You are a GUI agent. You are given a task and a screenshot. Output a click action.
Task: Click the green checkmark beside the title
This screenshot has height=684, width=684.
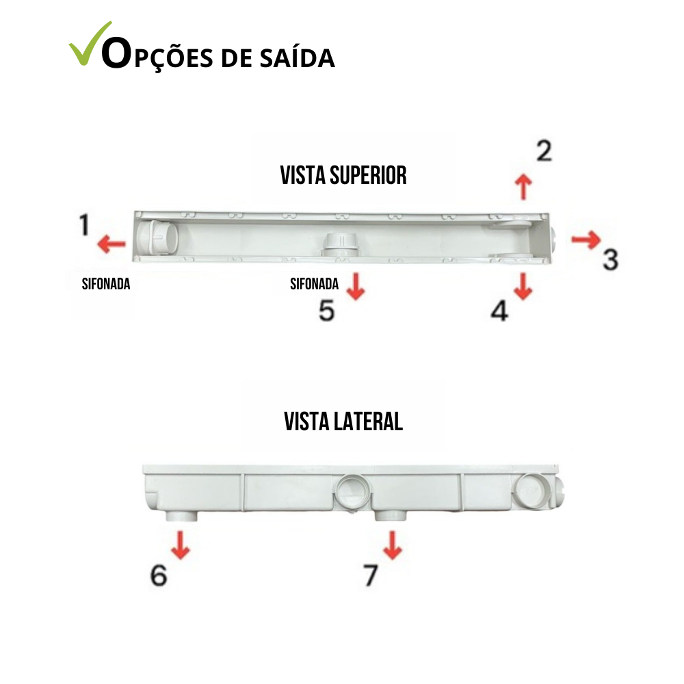click(x=90, y=46)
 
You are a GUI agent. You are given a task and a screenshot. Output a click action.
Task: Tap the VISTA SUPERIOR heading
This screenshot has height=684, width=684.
click(x=343, y=175)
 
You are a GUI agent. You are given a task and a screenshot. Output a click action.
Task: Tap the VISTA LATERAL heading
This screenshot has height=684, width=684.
click(x=343, y=421)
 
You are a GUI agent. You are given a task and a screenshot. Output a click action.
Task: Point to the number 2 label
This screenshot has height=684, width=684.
click(x=544, y=151)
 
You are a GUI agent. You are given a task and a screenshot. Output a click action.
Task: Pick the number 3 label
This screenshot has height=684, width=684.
click(x=610, y=259)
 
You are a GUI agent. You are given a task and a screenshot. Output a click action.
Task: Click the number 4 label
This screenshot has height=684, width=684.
click(x=500, y=311)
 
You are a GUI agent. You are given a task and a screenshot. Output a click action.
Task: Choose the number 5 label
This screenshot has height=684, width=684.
click(x=327, y=311)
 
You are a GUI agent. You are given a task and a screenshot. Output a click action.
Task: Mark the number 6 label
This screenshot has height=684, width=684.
click(x=159, y=575)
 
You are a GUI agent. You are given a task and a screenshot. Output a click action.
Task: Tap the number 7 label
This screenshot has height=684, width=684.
click(x=371, y=575)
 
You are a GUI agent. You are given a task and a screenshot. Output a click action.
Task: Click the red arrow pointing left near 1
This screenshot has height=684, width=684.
click(x=111, y=244)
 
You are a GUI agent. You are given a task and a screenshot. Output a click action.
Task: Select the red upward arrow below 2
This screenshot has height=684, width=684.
click(x=523, y=187)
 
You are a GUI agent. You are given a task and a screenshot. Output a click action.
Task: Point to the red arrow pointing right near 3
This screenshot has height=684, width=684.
click(x=586, y=239)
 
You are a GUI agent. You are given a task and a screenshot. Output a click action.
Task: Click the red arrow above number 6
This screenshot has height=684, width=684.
click(x=180, y=545)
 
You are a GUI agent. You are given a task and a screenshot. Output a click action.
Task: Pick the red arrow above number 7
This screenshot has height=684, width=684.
click(x=393, y=545)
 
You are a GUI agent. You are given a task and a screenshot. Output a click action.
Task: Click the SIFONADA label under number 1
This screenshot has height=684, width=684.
click(x=106, y=284)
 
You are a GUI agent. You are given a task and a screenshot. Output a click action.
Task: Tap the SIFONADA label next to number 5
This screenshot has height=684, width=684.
click(x=314, y=284)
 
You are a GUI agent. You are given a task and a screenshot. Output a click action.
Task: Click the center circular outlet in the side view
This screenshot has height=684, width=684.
click(x=354, y=490)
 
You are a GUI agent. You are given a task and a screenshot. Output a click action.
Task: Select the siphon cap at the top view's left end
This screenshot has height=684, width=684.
click(x=157, y=237)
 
